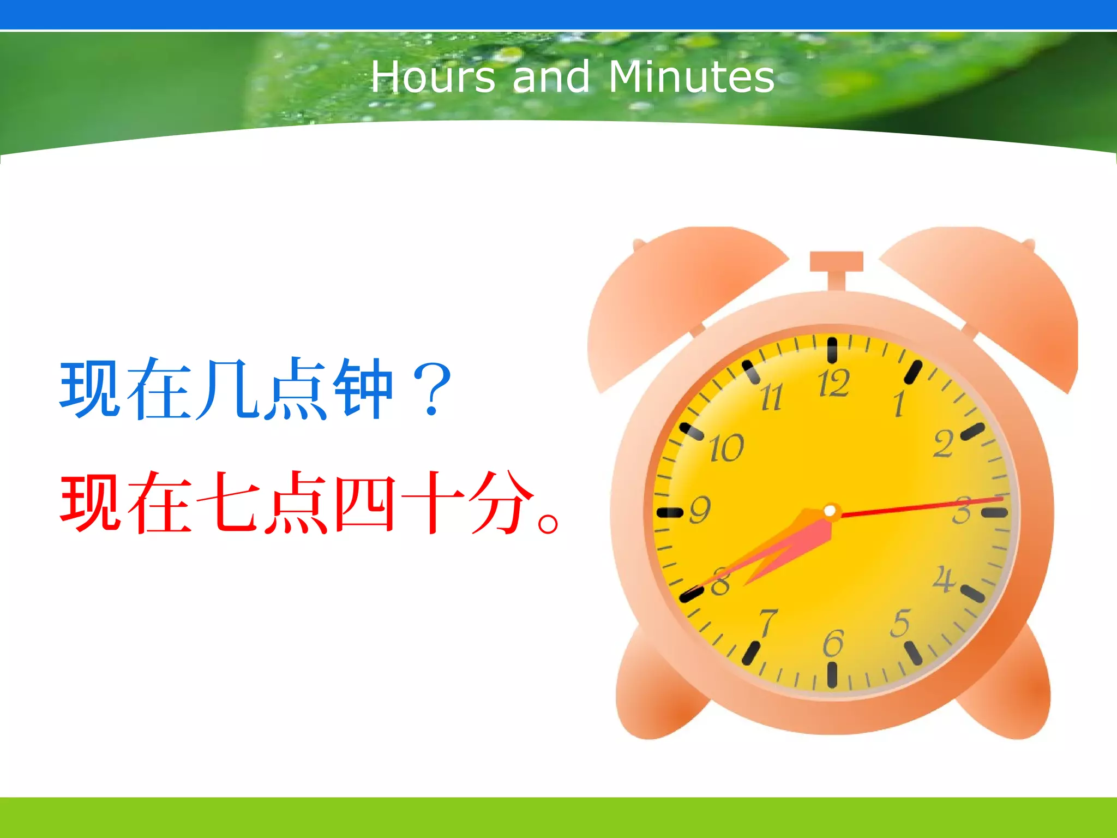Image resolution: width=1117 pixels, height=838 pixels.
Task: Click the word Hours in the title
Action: click(433, 77)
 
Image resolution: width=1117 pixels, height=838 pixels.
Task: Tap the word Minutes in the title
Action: click(691, 77)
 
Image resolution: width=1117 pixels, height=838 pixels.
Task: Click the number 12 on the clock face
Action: click(833, 383)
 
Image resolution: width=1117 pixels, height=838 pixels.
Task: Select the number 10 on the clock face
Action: click(726, 448)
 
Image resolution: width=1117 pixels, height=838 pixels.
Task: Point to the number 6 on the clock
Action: click(833, 644)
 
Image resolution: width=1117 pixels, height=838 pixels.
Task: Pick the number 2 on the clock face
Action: click(944, 444)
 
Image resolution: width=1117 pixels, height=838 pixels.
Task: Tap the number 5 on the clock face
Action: click(900, 624)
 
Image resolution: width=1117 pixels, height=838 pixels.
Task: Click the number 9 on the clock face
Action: click(700, 510)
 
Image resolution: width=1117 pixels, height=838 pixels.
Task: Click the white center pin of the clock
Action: click(830, 511)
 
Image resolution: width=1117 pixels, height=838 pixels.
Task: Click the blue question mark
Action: click(432, 389)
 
